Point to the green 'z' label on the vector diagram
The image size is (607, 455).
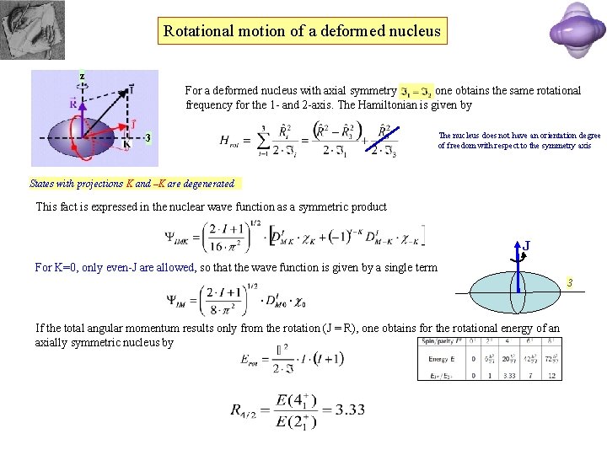tap(82, 76)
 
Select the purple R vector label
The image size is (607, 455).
tap(75, 104)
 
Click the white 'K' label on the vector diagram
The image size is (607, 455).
tap(126, 144)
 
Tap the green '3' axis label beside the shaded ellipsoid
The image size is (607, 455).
tap(148, 137)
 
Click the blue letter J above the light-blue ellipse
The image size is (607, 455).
tap(527, 246)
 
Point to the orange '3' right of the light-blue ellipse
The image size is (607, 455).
tap(569, 282)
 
